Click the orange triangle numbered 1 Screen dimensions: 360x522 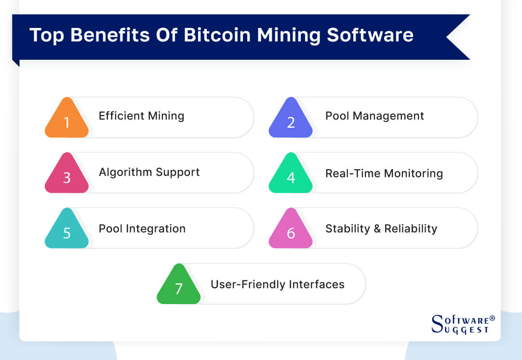click(x=67, y=120)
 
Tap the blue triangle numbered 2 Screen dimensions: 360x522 click(x=291, y=120)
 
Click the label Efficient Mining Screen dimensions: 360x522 click(x=141, y=116)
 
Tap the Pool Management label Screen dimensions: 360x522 click(x=375, y=116)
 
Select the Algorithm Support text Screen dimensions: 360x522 click(x=149, y=172)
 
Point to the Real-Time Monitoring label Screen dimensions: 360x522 click(x=384, y=173)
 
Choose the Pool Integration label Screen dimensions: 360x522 click(x=142, y=228)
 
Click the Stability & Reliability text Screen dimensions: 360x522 click(x=381, y=228)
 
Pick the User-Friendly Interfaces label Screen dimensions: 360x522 click(x=277, y=284)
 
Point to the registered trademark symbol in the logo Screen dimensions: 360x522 click(x=492, y=319)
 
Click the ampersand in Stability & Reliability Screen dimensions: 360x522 click(x=376, y=228)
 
